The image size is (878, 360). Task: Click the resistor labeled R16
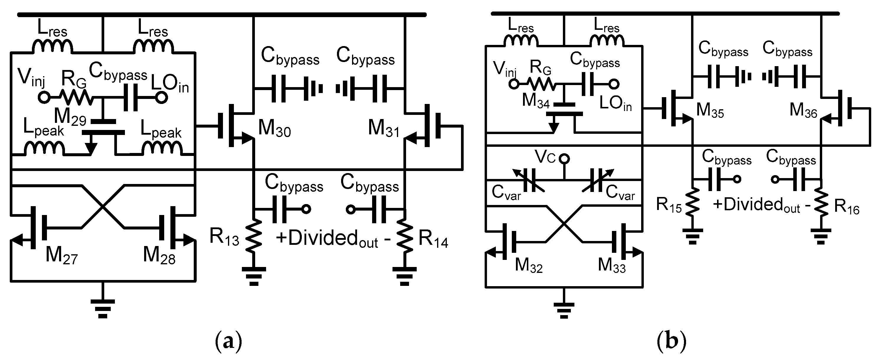click(821, 205)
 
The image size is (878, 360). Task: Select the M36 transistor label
click(803, 111)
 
